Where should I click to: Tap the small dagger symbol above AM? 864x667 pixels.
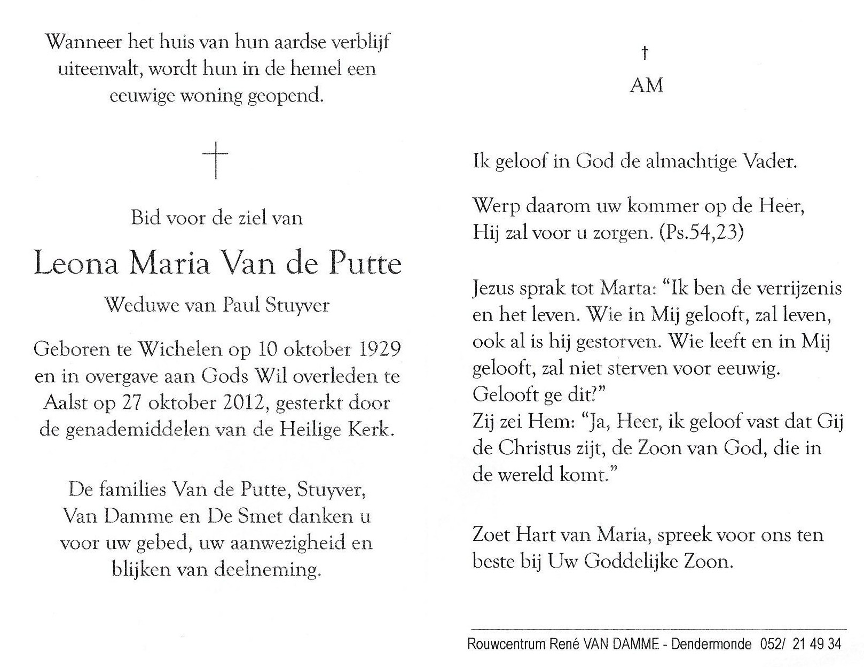coord(645,52)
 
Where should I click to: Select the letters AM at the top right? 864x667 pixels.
coord(646,85)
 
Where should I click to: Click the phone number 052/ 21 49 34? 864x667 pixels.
coord(799,644)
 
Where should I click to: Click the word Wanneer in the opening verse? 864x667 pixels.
coord(82,42)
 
